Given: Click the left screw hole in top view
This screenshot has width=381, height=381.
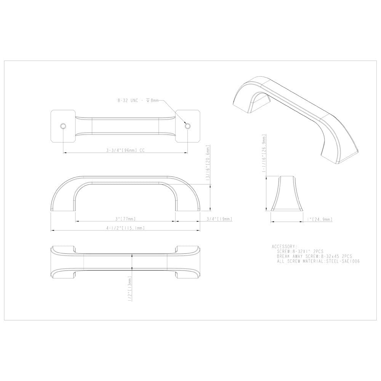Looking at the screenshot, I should point(63,126).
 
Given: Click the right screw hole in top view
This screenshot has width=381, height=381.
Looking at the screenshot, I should point(187,126).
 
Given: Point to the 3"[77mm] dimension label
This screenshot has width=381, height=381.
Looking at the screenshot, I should point(125,219).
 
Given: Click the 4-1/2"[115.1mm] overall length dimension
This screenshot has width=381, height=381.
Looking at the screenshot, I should point(125,228).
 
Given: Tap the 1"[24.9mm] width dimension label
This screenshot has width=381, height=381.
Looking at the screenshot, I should point(319,219).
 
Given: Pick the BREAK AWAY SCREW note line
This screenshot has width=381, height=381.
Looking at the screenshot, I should point(314,257).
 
